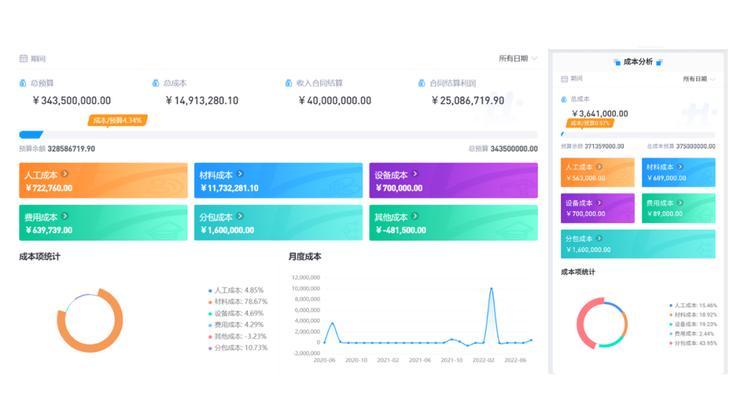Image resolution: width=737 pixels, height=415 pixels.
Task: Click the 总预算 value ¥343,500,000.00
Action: [x=72, y=100]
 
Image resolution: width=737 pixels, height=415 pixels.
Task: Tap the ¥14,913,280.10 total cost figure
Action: [x=202, y=100]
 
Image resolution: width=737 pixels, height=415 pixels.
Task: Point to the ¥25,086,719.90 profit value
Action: [x=467, y=100]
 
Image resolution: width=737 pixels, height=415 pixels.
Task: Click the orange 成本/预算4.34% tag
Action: [x=117, y=121]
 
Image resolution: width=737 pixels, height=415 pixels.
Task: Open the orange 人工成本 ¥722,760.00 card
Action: [x=103, y=181]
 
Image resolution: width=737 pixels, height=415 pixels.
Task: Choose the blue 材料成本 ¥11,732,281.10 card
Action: [x=278, y=181]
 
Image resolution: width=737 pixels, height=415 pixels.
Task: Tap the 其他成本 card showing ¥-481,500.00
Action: [x=453, y=223]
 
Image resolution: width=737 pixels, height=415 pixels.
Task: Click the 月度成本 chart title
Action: [x=304, y=257]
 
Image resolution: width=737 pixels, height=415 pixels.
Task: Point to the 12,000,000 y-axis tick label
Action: [x=305, y=277]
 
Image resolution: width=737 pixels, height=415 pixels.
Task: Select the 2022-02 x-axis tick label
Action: [x=483, y=360]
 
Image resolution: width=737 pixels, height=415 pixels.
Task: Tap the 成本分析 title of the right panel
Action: [x=638, y=62]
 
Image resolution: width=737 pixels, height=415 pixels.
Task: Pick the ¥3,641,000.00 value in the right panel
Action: [x=600, y=113]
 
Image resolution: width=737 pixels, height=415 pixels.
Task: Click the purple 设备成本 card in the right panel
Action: [x=597, y=208]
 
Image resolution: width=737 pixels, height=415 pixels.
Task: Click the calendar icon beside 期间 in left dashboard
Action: [x=23, y=59]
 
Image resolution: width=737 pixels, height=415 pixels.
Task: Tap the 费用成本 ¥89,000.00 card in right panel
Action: [x=678, y=208]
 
